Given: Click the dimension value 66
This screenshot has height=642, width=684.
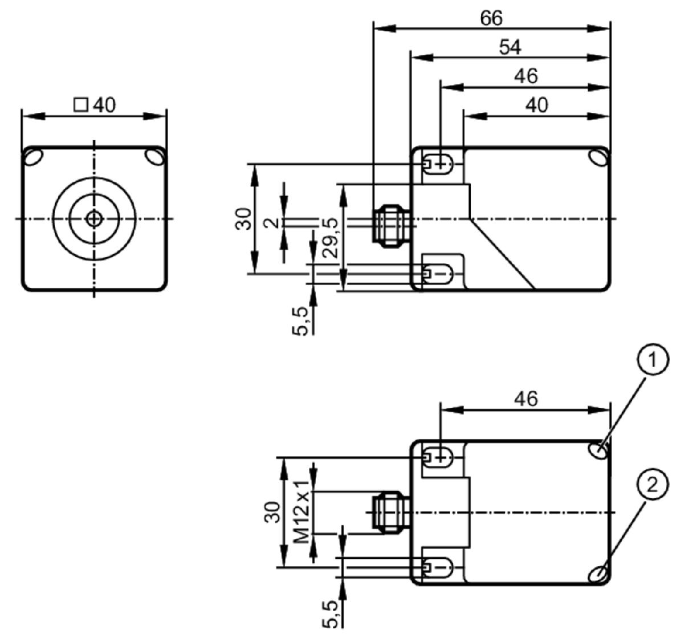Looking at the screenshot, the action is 491,18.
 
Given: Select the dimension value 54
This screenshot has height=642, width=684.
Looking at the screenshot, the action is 510,47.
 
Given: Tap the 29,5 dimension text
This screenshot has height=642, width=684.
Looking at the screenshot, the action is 331,238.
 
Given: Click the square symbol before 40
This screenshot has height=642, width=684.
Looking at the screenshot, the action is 81,105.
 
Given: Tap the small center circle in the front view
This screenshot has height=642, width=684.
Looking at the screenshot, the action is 94,219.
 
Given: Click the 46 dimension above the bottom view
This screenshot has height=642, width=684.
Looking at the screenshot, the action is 526,399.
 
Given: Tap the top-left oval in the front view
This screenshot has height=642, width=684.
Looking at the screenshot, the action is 34,157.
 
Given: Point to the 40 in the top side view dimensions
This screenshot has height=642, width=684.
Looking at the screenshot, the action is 536,105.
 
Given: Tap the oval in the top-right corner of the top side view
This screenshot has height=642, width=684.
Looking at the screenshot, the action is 598,157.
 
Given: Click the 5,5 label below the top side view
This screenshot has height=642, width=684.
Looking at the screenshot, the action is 300,321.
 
